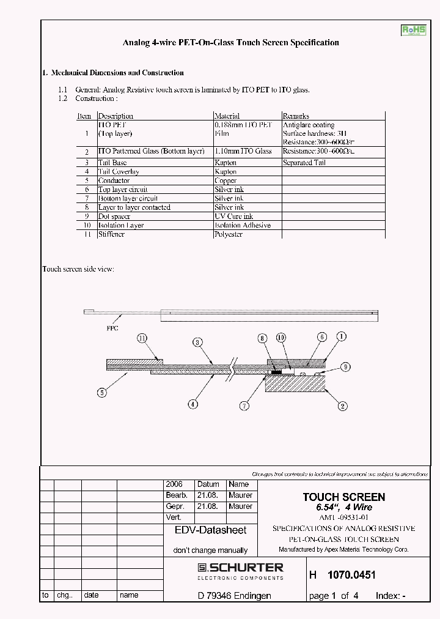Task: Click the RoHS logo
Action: [413, 31]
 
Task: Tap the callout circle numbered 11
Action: [142, 338]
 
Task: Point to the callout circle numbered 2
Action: [342, 405]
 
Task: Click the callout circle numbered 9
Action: [345, 367]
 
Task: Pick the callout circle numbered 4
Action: [193, 404]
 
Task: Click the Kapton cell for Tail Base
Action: [226, 163]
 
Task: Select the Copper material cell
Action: [226, 180]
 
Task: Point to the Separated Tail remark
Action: [304, 163]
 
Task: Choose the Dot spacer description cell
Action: [115, 217]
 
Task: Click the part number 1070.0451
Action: [351, 575]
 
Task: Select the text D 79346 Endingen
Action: [234, 596]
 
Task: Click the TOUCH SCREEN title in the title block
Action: [344, 497]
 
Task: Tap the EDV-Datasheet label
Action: [210, 531]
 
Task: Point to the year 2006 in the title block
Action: [174, 484]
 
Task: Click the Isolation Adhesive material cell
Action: [242, 225]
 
